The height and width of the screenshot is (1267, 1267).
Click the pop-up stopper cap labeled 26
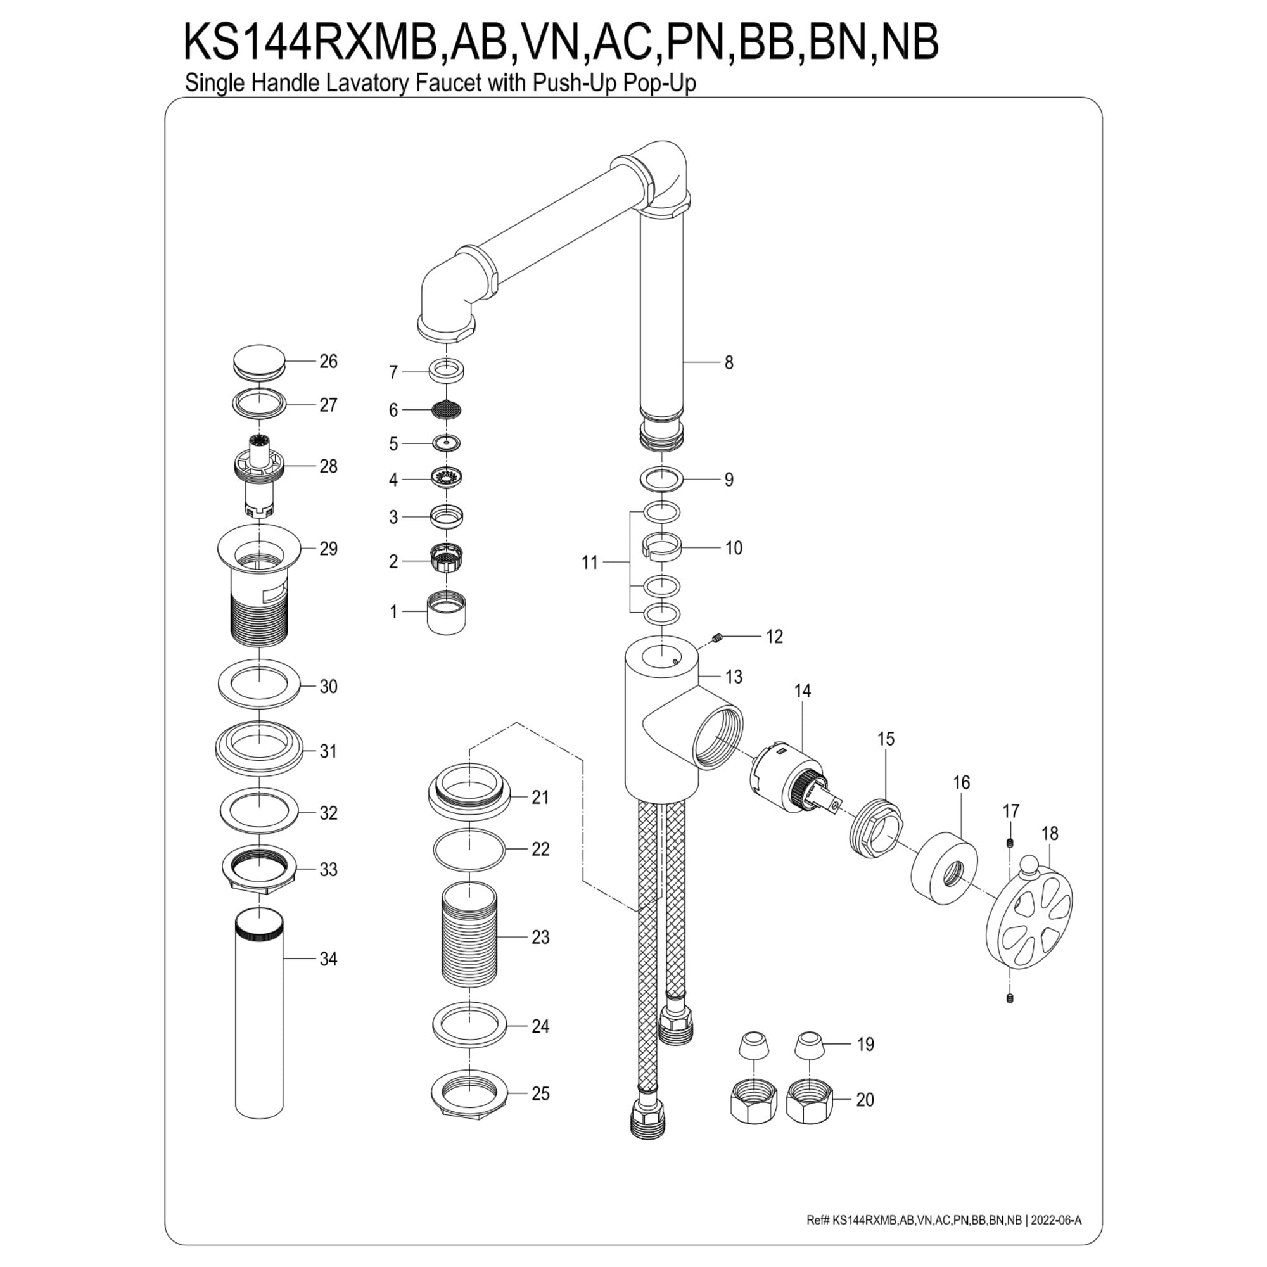259,361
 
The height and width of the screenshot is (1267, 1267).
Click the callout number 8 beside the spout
729,362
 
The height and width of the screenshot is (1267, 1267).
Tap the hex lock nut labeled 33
260,870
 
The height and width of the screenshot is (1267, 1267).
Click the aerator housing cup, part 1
446,613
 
